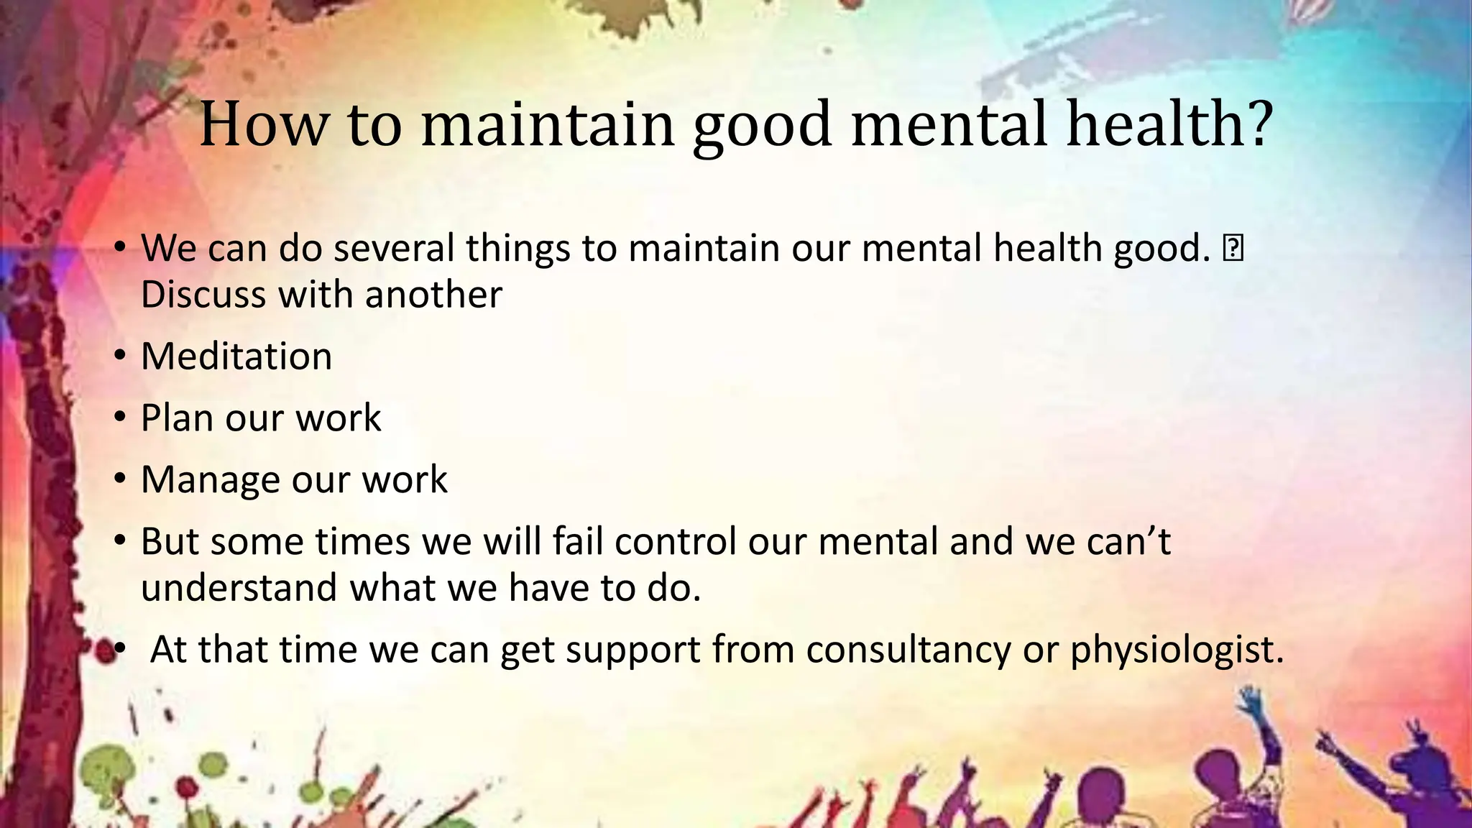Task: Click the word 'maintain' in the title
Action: pos(548,124)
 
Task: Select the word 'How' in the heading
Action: pos(263,124)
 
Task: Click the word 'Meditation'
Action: pos(236,356)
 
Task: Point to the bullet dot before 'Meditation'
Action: pos(121,355)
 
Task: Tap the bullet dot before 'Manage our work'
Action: pos(121,478)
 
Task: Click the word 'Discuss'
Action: pos(203,295)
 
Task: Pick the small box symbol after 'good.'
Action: pos(1233,248)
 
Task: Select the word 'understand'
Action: pos(239,588)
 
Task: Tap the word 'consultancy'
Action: pos(908,650)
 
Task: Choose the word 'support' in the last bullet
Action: pos(632,651)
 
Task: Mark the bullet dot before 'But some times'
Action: pos(121,540)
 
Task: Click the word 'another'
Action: pos(433,295)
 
